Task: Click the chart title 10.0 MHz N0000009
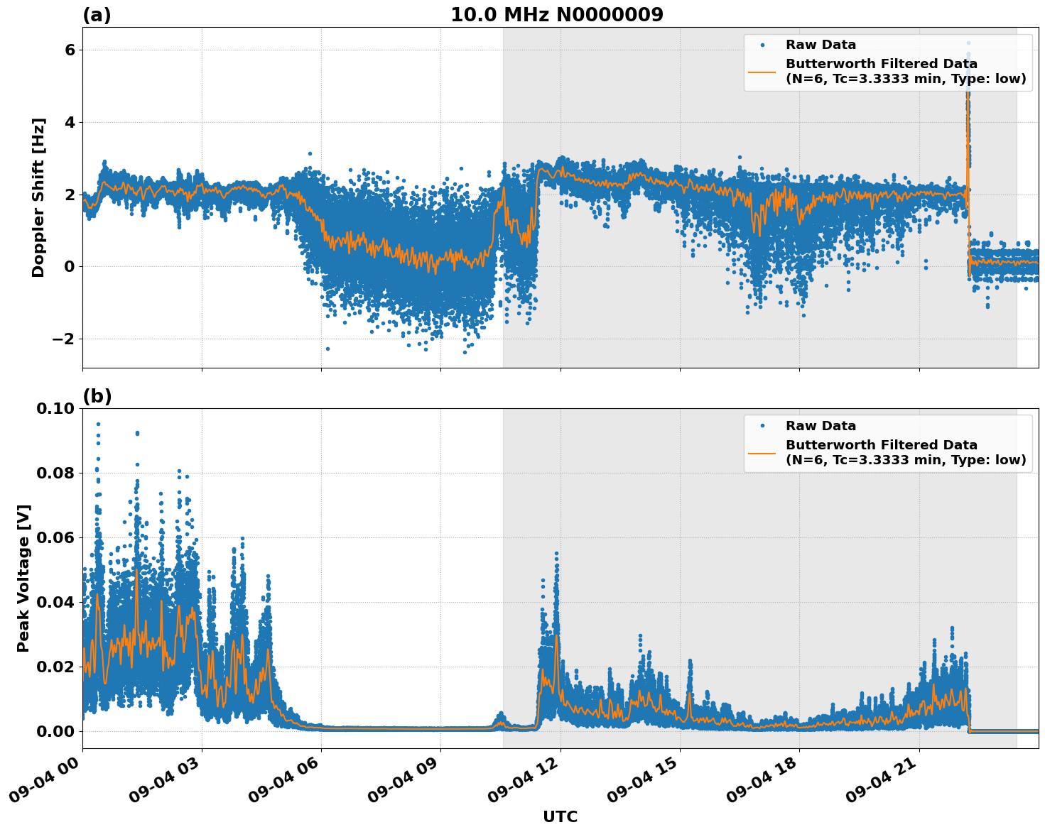pos(556,15)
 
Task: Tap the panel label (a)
pos(97,15)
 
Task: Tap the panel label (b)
pos(97,396)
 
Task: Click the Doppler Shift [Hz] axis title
pos(38,197)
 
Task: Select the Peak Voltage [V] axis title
pos(23,578)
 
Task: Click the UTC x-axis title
pos(560,816)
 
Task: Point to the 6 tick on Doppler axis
pos(70,50)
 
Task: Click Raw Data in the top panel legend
pos(821,45)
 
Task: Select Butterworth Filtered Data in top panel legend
pos(881,64)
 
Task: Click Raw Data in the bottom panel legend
pos(821,426)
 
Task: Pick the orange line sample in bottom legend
pos(762,452)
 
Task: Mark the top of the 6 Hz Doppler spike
pos(968,43)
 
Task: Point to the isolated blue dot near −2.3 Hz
pos(327,349)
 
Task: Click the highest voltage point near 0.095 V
pos(98,424)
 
